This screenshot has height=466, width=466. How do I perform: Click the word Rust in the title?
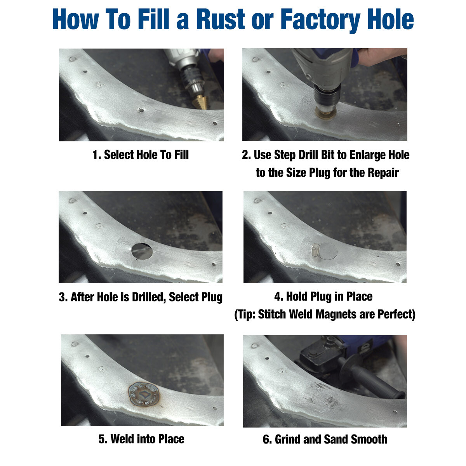coord(219,19)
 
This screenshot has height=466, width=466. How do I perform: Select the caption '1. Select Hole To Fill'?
coord(141,155)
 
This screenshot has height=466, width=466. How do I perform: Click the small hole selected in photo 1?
coord(141,110)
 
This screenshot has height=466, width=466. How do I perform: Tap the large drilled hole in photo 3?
coord(142,251)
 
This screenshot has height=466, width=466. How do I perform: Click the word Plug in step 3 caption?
coord(212,297)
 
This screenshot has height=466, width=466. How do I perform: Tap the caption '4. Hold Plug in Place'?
coord(323,297)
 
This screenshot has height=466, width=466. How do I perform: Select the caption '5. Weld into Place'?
coord(141,439)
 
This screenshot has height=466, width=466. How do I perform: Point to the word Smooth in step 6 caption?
coord(369,440)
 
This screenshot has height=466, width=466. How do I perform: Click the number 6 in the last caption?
coord(266,440)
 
